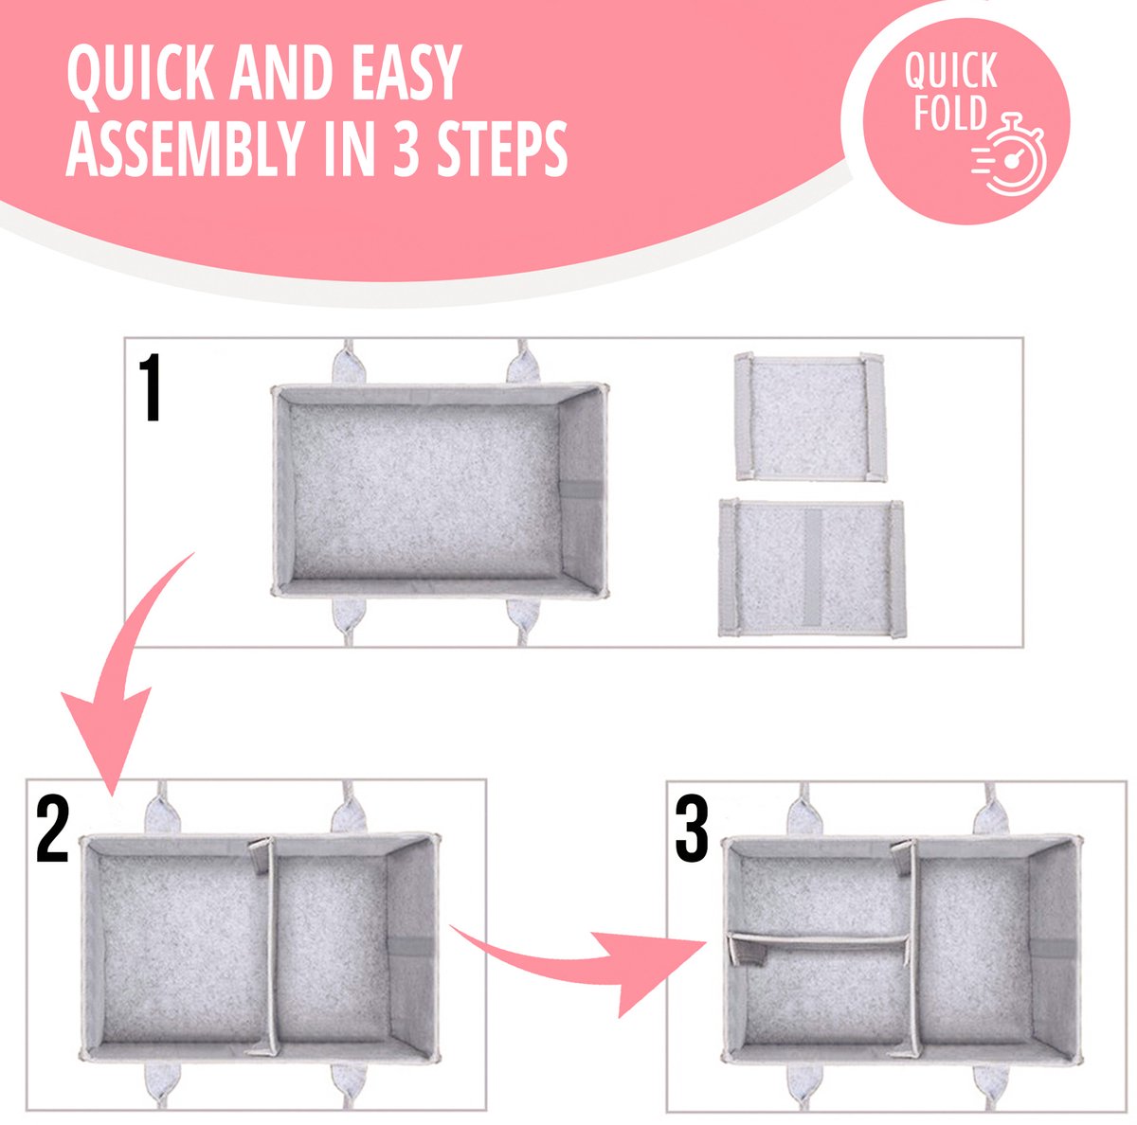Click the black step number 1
(152, 387)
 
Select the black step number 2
(52, 830)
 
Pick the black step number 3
(692, 830)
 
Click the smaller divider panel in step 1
(810, 417)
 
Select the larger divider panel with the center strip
(811, 568)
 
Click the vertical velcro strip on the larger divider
(812, 568)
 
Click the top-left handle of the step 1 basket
(349, 363)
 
